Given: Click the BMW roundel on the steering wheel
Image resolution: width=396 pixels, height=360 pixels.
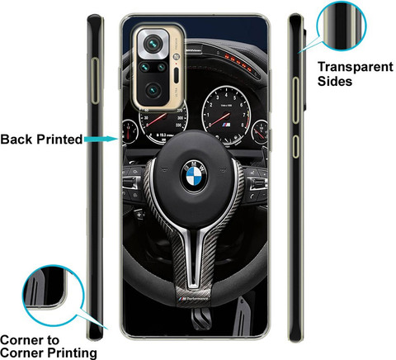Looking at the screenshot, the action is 194,176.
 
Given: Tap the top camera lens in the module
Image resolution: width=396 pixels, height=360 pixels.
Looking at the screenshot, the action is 153,44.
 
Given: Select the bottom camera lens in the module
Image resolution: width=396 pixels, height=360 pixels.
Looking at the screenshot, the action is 153,91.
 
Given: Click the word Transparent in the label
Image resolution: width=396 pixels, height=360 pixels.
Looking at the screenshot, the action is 356,68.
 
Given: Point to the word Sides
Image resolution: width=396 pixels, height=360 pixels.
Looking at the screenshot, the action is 335,81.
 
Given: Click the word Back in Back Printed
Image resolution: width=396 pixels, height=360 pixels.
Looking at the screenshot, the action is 16,139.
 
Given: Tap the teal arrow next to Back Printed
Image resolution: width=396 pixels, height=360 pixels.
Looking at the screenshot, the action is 101,139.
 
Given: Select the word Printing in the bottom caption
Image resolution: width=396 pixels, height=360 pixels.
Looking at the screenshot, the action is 72,353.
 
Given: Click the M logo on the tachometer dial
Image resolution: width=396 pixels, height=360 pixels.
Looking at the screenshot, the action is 226,125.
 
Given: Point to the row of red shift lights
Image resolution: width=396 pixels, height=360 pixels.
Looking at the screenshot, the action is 238,62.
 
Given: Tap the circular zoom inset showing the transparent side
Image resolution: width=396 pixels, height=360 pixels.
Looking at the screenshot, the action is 342,26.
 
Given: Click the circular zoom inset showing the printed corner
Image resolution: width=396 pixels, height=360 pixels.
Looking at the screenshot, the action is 53,296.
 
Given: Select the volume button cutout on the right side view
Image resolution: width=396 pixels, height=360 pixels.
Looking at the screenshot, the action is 295,100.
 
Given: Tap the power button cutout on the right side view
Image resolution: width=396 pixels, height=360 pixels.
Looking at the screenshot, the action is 295,146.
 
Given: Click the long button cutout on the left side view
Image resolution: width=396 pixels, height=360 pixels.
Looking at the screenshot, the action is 95,81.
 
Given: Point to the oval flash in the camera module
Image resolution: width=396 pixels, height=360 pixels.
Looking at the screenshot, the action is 177,75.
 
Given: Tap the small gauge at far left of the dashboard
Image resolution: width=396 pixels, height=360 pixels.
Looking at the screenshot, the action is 130,131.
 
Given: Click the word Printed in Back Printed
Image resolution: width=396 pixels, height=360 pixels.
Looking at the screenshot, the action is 59,139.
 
